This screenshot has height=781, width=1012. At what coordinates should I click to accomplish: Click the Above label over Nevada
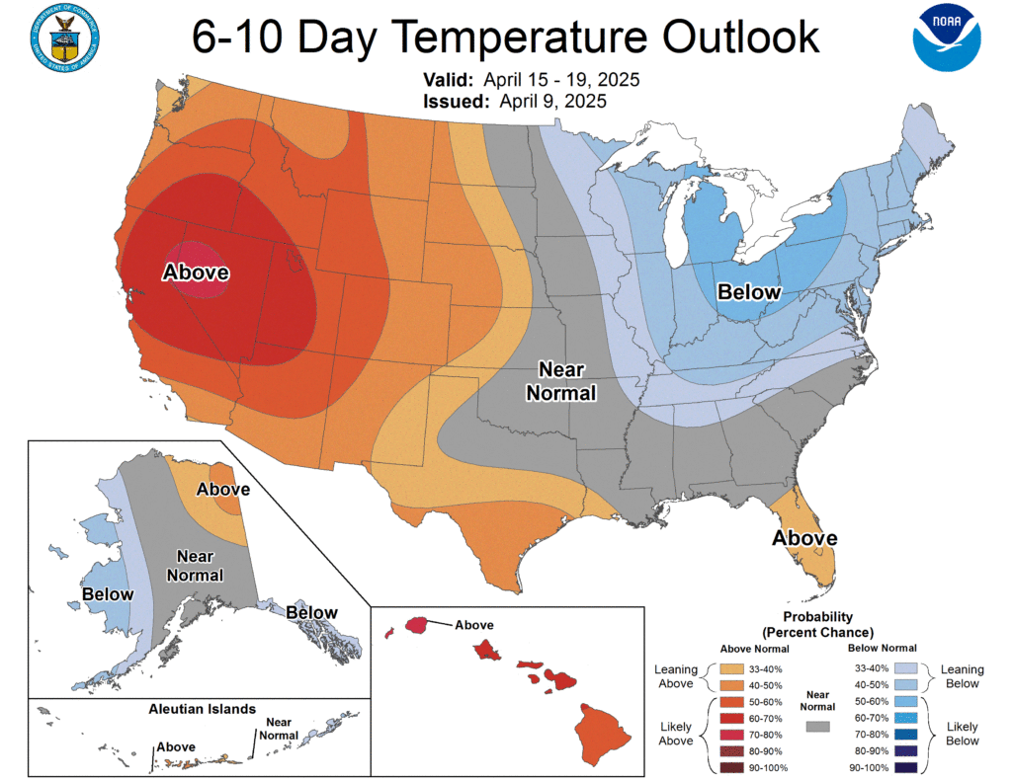tap(196, 272)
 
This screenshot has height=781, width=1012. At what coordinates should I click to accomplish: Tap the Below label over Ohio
tap(748, 292)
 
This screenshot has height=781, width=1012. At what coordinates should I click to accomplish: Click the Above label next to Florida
tap(804, 538)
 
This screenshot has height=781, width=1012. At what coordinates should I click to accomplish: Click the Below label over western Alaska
tap(108, 593)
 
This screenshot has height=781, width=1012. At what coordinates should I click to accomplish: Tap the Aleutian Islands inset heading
tap(202, 709)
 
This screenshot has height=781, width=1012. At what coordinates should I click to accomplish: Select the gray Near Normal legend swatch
tap(817, 726)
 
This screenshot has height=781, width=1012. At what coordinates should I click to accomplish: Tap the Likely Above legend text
tap(675, 733)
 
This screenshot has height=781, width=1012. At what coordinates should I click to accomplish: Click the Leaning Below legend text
tap(962, 675)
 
